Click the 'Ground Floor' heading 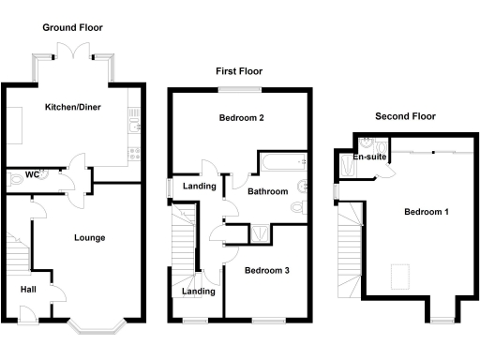click(x=73, y=28)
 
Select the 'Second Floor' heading click(x=405, y=116)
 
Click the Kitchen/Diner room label click(x=73, y=107)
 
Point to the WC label click(x=31, y=174)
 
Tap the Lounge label click(x=89, y=237)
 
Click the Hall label click(x=29, y=290)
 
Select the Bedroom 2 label click(x=240, y=119)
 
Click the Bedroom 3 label click(x=266, y=271)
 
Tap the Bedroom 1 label click(x=427, y=212)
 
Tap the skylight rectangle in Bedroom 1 click(x=400, y=276)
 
